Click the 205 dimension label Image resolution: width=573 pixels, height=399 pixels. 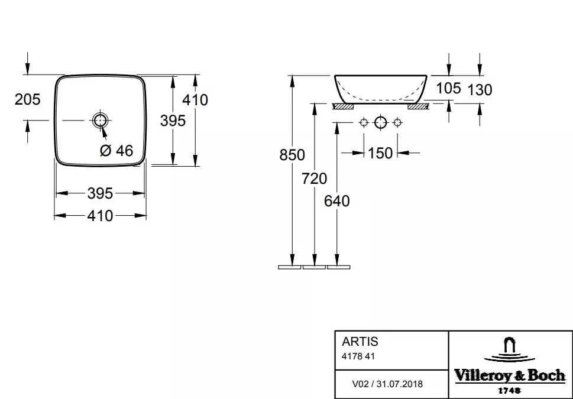click(27, 99)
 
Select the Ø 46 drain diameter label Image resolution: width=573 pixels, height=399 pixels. click(116, 151)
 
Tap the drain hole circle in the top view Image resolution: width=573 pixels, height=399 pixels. click(100, 120)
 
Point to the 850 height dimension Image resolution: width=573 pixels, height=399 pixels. click(292, 155)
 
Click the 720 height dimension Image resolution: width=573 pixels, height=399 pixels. click(314, 179)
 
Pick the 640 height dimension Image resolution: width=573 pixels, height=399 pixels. click(337, 201)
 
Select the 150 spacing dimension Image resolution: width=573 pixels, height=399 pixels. click(380, 153)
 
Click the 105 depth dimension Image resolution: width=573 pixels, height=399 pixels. click(448, 88)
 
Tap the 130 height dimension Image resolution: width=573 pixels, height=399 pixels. click(480, 89)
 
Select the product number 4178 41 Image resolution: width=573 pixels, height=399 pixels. click(358, 356)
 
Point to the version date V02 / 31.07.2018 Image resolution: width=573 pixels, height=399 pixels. click(387, 384)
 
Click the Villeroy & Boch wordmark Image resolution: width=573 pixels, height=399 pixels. click(509, 375)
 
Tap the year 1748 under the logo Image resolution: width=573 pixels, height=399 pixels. click(509, 391)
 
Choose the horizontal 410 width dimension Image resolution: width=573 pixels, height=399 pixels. click(100, 216)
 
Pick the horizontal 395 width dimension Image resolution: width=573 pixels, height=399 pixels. click(100, 193)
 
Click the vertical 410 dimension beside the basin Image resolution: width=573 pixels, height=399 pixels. click(195, 100)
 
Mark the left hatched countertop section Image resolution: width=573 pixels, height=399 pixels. click(342, 106)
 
